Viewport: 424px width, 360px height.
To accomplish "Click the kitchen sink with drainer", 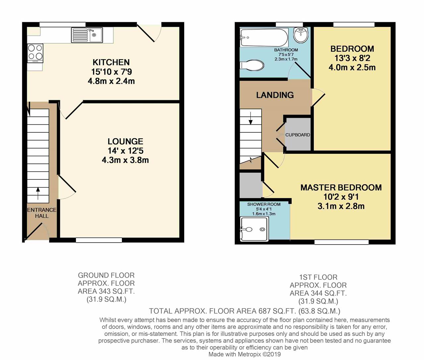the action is coord(87,35).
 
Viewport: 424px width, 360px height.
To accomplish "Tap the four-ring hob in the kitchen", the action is coord(35,53).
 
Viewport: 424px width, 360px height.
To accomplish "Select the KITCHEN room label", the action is coord(111,62).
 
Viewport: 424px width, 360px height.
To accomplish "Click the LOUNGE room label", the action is coord(125,141).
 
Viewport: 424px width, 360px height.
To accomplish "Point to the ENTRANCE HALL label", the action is coord(42,213).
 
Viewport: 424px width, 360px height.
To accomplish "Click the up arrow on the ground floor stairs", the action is coord(38,193).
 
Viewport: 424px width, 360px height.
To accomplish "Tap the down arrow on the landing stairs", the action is coord(251,118).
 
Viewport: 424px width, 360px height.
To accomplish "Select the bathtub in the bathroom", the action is coord(264,37).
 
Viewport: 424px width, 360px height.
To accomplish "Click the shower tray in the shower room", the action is coord(254,229).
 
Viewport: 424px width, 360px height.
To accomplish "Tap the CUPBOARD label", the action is coord(298,135).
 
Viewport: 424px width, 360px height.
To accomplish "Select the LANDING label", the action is coord(275,95).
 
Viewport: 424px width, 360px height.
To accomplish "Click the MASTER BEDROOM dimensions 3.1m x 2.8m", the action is coord(341,206).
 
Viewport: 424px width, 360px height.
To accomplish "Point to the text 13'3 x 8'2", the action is coord(352,58).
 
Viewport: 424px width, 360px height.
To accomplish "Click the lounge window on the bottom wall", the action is coord(99,240).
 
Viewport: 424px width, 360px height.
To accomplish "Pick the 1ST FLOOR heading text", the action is coord(318,277).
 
